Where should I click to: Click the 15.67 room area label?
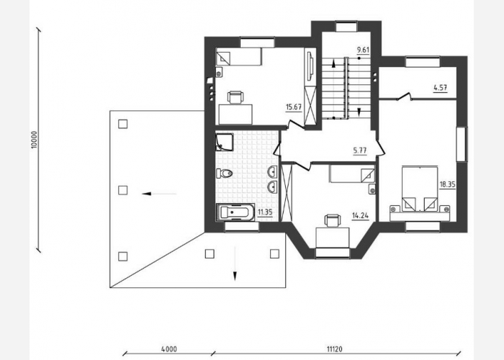click(294, 107)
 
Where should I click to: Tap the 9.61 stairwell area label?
click(363, 50)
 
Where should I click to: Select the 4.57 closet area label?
click(440, 87)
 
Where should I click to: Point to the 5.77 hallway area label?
click(360, 150)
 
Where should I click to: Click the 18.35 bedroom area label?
click(447, 184)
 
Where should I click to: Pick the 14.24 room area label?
click(360, 216)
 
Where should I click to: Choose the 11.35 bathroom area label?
click(265, 212)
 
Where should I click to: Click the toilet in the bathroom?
click(225, 174)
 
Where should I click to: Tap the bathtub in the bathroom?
click(235, 212)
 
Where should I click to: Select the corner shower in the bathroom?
click(225, 142)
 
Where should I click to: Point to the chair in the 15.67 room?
click(235, 97)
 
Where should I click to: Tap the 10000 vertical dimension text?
click(35, 140)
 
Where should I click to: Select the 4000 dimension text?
click(169, 348)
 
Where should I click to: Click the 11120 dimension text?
click(335, 348)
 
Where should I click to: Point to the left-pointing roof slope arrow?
click(159, 194)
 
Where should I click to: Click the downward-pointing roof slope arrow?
click(235, 264)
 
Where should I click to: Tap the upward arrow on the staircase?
click(333, 63)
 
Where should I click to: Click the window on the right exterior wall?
click(462, 144)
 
